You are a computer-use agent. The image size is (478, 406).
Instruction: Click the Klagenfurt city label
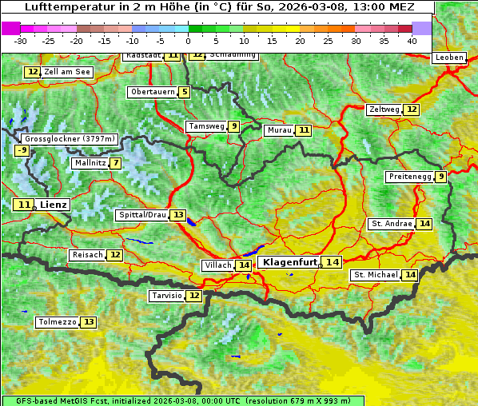[x=290, y=262]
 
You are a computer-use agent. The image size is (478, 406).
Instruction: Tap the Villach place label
[x=218, y=265]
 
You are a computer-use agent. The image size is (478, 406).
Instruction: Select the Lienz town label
[x=54, y=205]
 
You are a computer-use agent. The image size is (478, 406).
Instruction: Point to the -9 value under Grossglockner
[x=22, y=150]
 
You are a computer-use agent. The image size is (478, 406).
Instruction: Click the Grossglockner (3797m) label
[x=71, y=138]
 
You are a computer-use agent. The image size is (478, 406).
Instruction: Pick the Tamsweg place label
[x=205, y=126]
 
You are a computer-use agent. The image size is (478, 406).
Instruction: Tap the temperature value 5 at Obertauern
[x=185, y=92]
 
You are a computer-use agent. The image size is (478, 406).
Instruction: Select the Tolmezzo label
[x=57, y=322]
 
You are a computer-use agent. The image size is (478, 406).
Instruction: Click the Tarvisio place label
[x=167, y=296]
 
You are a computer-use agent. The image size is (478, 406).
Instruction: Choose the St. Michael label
[x=376, y=275]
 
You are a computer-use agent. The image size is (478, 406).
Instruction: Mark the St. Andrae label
[x=392, y=224]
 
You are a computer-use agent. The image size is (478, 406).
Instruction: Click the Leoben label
[x=448, y=58]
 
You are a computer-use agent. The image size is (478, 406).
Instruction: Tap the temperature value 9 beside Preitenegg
[x=441, y=177]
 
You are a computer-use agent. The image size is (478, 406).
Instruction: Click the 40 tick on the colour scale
[x=412, y=40]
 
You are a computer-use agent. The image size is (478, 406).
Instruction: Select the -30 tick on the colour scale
[x=21, y=40]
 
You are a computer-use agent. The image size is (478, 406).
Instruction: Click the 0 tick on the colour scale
[x=189, y=40]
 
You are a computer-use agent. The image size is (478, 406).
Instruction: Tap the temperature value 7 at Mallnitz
[x=116, y=163]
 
